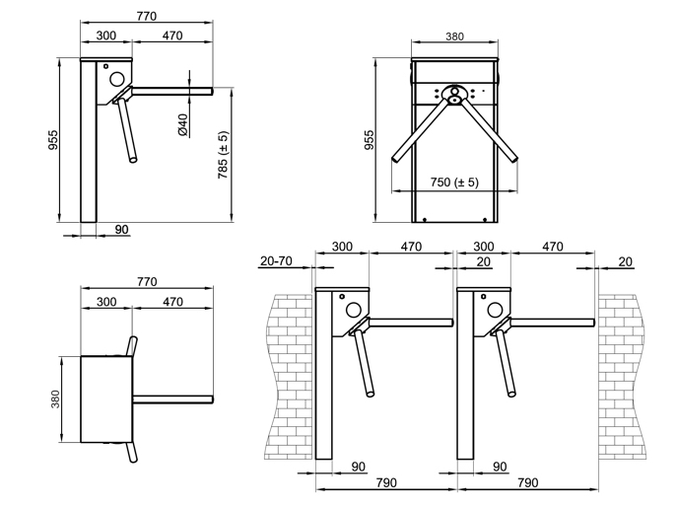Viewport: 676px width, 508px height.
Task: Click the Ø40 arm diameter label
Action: coord(183,125)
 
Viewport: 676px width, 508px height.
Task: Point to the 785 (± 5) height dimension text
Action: coord(223,155)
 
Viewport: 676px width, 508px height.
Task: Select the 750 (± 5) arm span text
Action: coord(454,182)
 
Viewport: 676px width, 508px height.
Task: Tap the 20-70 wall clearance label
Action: coord(276,261)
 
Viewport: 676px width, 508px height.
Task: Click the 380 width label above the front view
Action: coord(454,36)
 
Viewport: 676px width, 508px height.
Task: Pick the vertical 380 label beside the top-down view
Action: coord(55,399)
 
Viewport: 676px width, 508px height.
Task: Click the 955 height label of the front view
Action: coord(370,140)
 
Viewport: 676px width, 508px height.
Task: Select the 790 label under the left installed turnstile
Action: coord(386,482)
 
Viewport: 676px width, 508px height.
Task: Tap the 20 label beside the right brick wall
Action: coord(625,261)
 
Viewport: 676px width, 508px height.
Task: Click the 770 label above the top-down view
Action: coord(147,282)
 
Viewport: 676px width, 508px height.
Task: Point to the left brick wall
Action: coord(288,377)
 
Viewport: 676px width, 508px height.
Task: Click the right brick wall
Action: coord(621,377)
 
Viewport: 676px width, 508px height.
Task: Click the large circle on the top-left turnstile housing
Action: coord(117,79)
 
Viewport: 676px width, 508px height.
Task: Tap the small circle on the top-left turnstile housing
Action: coord(105,66)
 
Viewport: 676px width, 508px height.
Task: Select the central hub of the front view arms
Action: coord(455,95)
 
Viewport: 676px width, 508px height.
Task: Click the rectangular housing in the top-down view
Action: coord(106,399)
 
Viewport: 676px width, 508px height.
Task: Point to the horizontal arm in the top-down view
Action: coord(172,399)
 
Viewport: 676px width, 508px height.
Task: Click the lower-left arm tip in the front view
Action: coord(394,159)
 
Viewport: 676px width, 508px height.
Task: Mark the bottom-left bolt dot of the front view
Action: coord(425,220)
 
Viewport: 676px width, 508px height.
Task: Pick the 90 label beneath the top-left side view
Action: coord(122,229)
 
